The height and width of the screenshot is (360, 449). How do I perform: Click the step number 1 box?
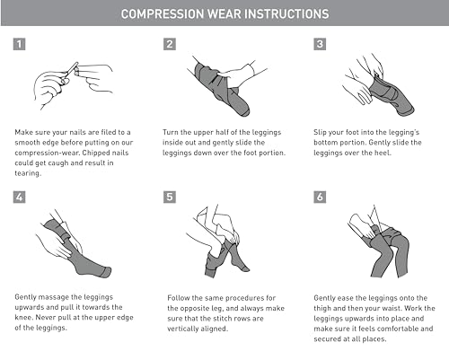click(19, 44)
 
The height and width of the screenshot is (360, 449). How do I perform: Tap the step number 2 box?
click(170, 44)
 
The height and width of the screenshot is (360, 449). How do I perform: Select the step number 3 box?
click(320, 44)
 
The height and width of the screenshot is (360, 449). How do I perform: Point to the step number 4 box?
click(19, 198)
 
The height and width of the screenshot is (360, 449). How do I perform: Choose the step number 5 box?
click(170, 198)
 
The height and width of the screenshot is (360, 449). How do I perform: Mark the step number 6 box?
click(320, 198)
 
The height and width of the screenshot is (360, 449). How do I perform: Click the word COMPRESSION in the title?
click(163, 13)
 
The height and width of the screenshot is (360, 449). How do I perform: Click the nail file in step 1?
click(72, 69)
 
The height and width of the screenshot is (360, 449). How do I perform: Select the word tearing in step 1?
click(27, 173)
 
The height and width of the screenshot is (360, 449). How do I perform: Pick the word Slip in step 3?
click(320, 133)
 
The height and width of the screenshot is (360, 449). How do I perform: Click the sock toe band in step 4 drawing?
click(107, 272)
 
